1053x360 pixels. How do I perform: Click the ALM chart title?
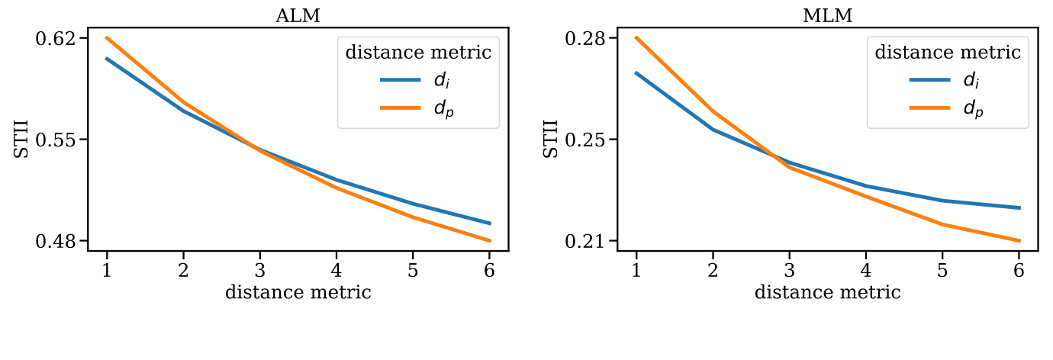point(298,16)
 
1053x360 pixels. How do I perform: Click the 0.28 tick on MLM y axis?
point(586,38)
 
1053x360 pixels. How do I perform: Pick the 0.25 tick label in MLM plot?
point(586,140)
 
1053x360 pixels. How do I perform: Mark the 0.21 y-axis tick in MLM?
point(586,241)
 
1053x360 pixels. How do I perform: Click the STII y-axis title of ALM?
point(22,139)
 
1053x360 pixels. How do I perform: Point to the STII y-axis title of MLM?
point(551,139)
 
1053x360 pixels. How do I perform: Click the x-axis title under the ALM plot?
point(298,292)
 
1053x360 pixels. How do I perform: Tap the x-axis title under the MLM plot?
point(827,292)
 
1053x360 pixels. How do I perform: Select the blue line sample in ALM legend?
point(401,80)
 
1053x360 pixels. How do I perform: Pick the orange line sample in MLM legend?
point(929,109)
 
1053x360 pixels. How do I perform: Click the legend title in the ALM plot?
point(418,53)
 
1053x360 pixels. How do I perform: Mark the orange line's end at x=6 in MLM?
point(1019,241)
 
